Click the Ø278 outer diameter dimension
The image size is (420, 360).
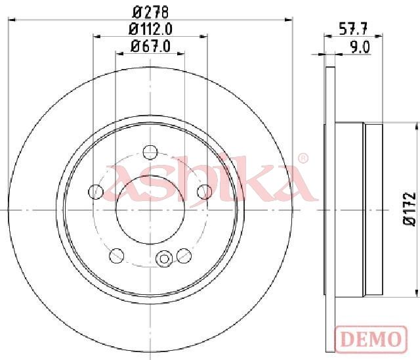151,12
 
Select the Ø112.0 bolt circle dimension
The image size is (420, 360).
150,29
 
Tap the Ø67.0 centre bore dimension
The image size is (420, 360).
150,47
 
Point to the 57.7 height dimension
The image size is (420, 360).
353,29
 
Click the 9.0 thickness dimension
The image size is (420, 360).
360,47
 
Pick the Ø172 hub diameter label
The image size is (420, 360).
409,209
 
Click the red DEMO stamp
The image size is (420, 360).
371,340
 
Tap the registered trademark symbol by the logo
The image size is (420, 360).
303,159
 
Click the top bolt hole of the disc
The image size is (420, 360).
150,152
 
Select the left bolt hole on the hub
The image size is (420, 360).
96,192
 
